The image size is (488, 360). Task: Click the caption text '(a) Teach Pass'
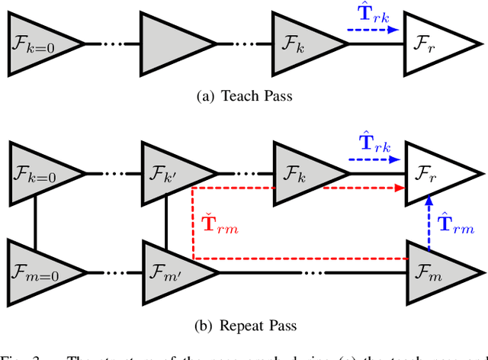click(243, 96)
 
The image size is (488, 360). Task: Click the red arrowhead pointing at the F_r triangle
click(398, 188)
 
